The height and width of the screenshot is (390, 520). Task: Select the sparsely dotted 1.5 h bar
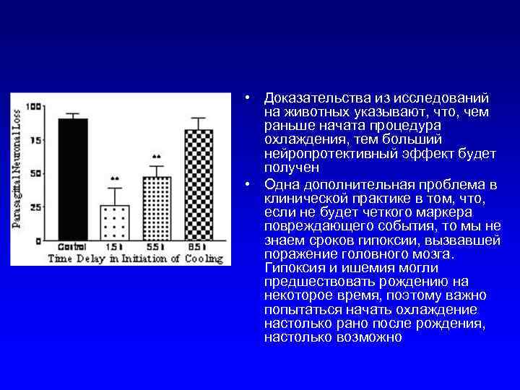click(113, 222)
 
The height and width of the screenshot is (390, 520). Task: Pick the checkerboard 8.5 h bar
click(198, 185)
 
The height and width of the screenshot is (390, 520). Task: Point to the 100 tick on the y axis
click(34, 107)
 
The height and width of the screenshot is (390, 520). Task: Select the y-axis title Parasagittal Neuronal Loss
click(17, 173)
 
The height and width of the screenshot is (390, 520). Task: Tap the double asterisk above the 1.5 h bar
click(114, 178)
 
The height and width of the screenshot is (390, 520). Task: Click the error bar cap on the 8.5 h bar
click(198, 118)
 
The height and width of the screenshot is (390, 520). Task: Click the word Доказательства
click(308, 97)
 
